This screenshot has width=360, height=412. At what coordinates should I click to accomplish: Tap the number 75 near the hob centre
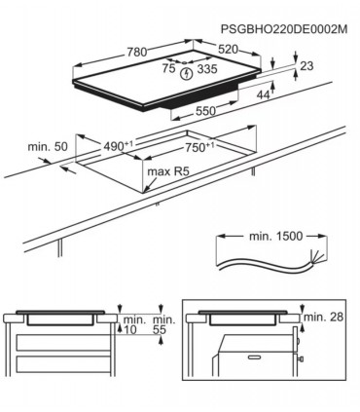168,68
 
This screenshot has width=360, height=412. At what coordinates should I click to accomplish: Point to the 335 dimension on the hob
207,69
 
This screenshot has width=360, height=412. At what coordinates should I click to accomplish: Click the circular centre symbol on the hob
186,69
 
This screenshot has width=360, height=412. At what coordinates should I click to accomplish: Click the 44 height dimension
263,94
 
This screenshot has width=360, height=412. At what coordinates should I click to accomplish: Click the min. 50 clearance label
47,146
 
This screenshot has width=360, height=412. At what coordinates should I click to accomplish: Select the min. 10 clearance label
133,325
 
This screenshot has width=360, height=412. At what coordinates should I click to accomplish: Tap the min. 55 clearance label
163,325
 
